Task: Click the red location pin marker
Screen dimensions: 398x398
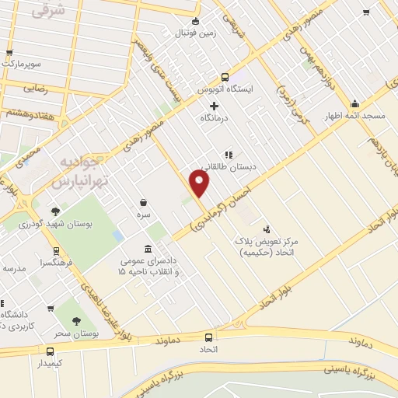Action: pyautogui.click(x=200, y=183)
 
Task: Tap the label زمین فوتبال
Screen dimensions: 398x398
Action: pyautogui.click(x=195, y=33)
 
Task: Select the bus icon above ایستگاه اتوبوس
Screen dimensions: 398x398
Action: pyautogui.click(x=225, y=77)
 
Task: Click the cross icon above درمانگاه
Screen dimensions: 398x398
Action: pyautogui.click(x=215, y=105)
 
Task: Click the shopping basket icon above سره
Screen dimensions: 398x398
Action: pyautogui.click(x=144, y=201)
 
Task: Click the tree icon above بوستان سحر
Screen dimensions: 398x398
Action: pyautogui.click(x=76, y=322)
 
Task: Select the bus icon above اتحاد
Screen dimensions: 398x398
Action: pyautogui.click(x=208, y=337)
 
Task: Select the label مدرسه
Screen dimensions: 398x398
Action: pyautogui.click(x=15, y=267)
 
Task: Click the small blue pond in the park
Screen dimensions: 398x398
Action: pyautogui.click(x=117, y=234)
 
